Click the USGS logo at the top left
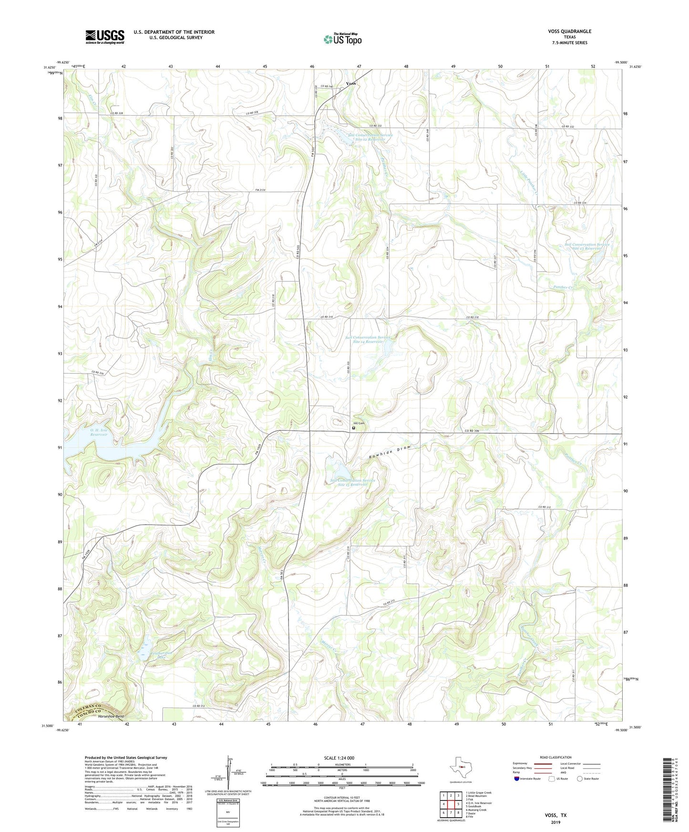tap(105, 37)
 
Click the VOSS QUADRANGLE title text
tap(569, 31)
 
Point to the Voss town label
tap(351, 83)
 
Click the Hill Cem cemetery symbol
tap(354, 428)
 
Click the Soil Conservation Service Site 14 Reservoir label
tap(364, 340)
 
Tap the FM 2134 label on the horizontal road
tap(260, 190)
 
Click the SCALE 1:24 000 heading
tap(339, 758)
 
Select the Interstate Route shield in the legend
tap(517, 779)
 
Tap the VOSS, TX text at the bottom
tap(556, 815)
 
